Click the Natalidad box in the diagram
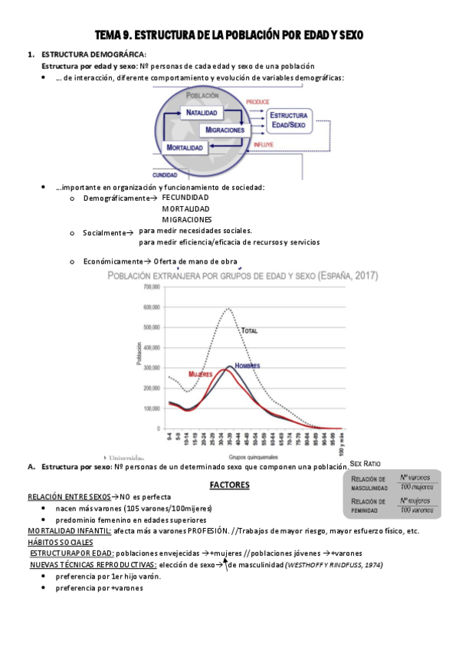pyautogui.click(x=202, y=113)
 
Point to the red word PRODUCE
pyautogui.click(x=257, y=101)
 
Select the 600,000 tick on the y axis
pyautogui.click(x=151, y=307)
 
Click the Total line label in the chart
pyautogui.click(x=250, y=330)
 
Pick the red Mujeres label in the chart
pyautogui.click(x=179, y=375)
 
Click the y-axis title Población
pyautogui.click(x=140, y=358)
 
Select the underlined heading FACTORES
pyautogui.click(x=229, y=484)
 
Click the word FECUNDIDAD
pyautogui.click(x=185, y=197)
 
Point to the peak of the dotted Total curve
pyautogui.click(x=228, y=308)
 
